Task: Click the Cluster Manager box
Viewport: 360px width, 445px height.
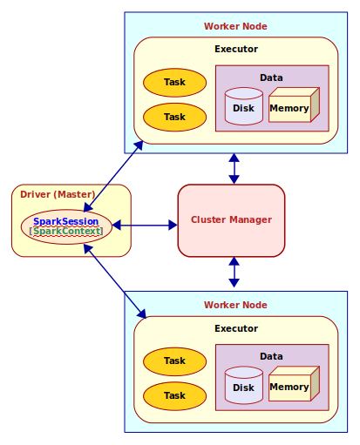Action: tap(231, 220)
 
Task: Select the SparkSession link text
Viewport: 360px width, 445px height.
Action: tap(66, 221)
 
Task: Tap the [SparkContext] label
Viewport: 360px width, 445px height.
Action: tap(66, 232)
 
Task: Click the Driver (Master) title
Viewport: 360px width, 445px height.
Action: tap(58, 193)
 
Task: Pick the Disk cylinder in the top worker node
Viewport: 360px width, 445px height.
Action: tap(243, 107)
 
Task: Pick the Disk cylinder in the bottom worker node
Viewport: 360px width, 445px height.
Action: tap(243, 386)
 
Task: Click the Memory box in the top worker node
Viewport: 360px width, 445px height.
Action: tap(290, 107)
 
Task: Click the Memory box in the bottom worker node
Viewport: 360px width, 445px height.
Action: tap(290, 386)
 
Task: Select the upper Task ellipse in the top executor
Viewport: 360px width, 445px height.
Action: tap(174, 83)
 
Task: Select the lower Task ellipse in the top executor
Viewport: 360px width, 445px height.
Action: tap(174, 117)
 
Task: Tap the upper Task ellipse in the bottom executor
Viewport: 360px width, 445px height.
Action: tap(174, 361)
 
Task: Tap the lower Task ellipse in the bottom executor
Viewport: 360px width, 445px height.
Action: tap(174, 395)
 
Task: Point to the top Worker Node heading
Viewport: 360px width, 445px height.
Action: tap(235, 27)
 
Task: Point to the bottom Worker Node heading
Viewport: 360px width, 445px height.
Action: tap(235, 305)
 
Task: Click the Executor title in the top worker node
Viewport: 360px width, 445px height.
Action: tap(236, 49)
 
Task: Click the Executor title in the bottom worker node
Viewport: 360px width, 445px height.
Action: tap(236, 328)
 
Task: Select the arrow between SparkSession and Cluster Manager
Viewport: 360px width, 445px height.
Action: tap(145, 226)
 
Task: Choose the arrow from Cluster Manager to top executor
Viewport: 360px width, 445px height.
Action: tap(234, 168)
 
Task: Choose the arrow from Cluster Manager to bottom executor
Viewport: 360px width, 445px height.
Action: tap(234, 273)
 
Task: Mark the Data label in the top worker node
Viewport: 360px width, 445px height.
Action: tap(271, 78)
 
